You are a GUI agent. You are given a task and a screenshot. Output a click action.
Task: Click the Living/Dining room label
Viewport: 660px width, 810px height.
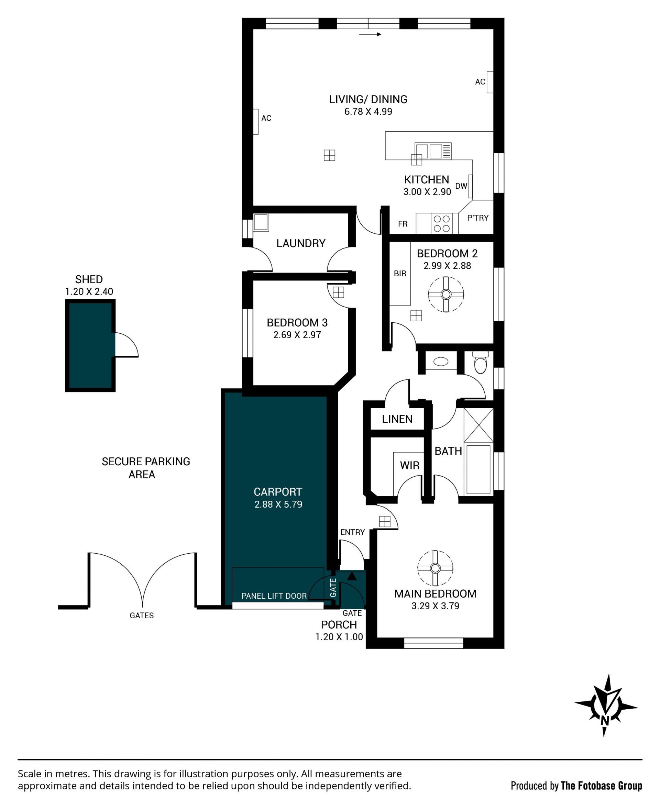coord(368,99)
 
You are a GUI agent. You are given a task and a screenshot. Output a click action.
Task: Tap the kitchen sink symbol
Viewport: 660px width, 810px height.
coord(433,151)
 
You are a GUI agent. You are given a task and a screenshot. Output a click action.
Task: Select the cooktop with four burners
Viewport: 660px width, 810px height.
coord(442,223)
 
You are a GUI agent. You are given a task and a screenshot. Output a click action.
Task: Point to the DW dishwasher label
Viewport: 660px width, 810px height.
coord(461,186)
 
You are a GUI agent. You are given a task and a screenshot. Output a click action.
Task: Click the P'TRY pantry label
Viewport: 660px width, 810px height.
coord(477,218)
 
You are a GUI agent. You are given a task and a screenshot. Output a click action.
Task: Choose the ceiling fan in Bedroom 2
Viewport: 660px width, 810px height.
coord(446,294)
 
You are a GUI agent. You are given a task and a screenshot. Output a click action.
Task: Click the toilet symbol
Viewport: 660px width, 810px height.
coord(481,362)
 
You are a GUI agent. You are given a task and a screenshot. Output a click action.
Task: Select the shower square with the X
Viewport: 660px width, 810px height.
coord(478,425)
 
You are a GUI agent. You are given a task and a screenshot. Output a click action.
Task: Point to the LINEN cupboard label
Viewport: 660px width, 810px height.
coord(397,419)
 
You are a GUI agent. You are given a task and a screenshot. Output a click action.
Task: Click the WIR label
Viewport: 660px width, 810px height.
coord(409,465)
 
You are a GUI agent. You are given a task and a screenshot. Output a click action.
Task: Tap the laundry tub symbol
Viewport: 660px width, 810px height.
coord(261,222)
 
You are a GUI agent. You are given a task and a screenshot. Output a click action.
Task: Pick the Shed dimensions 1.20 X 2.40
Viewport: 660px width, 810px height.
coord(89,291)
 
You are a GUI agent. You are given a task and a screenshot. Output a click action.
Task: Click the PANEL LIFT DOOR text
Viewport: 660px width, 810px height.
coord(274,596)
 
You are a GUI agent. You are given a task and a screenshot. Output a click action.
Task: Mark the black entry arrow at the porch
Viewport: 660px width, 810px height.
coord(352,576)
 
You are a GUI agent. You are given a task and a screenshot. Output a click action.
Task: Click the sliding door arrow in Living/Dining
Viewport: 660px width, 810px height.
coord(370,35)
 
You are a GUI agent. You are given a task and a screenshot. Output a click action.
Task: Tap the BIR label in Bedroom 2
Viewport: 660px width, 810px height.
coord(400,274)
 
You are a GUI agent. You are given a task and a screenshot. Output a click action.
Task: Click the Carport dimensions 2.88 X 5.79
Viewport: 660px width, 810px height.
coord(278,504)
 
